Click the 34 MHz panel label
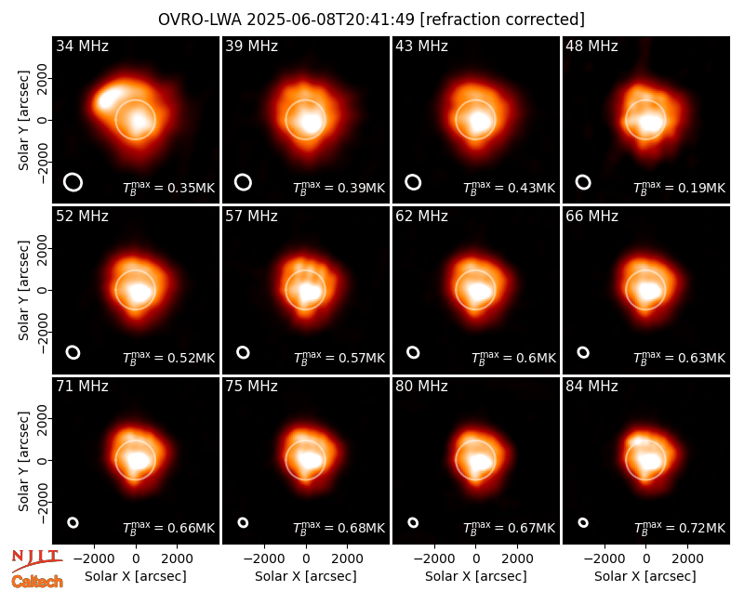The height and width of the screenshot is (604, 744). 82,46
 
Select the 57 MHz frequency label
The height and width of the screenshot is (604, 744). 251,217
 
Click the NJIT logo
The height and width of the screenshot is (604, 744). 36,559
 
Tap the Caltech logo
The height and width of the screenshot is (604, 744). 37,582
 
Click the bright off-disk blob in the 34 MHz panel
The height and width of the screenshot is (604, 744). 109,98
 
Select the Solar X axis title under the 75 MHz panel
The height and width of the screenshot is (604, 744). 306,576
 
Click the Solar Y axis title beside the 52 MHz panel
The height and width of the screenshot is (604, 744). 24,290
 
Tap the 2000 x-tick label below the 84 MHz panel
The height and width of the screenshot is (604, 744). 687,559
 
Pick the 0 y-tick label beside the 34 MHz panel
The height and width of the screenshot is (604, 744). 43,120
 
